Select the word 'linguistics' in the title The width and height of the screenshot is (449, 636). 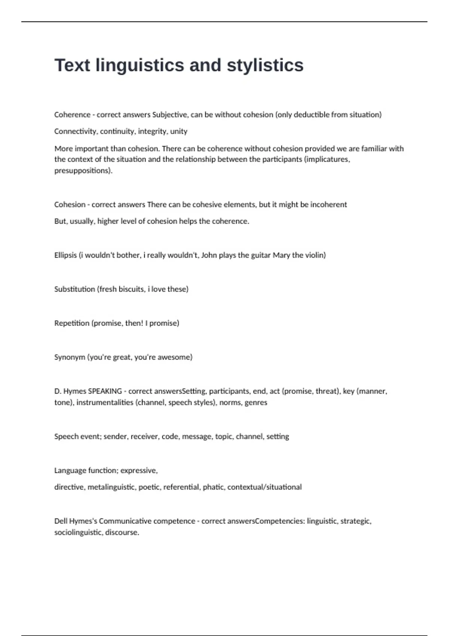[140, 65]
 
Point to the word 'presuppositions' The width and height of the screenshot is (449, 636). [83, 171]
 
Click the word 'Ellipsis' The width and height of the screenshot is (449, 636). [65, 255]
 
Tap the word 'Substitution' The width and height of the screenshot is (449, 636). [74, 289]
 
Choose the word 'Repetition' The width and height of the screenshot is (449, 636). [72, 323]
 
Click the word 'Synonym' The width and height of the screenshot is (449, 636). [70, 357]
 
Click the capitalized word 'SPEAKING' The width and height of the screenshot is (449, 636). [105, 391]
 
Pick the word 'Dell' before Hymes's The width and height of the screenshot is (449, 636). [61, 521]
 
